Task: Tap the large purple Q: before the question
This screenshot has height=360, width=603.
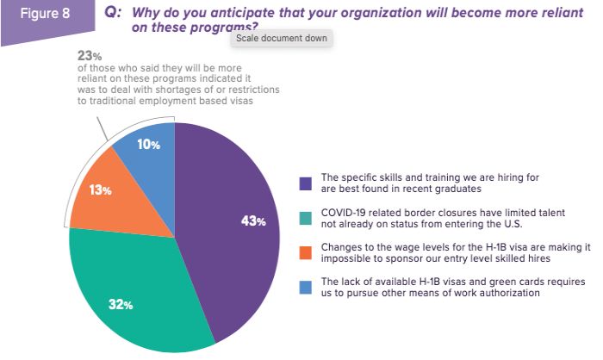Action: (x=112, y=15)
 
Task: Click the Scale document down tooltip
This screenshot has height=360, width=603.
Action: (x=283, y=39)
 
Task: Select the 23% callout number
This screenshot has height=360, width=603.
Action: (x=89, y=54)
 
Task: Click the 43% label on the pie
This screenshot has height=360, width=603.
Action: (x=253, y=221)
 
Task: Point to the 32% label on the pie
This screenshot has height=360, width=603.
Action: (x=120, y=304)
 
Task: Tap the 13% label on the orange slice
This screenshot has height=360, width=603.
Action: (x=102, y=189)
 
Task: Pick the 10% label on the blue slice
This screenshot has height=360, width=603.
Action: (x=149, y=145)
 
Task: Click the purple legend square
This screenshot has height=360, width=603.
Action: (x=305, y=183)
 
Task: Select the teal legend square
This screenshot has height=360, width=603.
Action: (x=305, y=219)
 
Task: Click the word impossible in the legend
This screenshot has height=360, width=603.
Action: (x=345, y=258)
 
